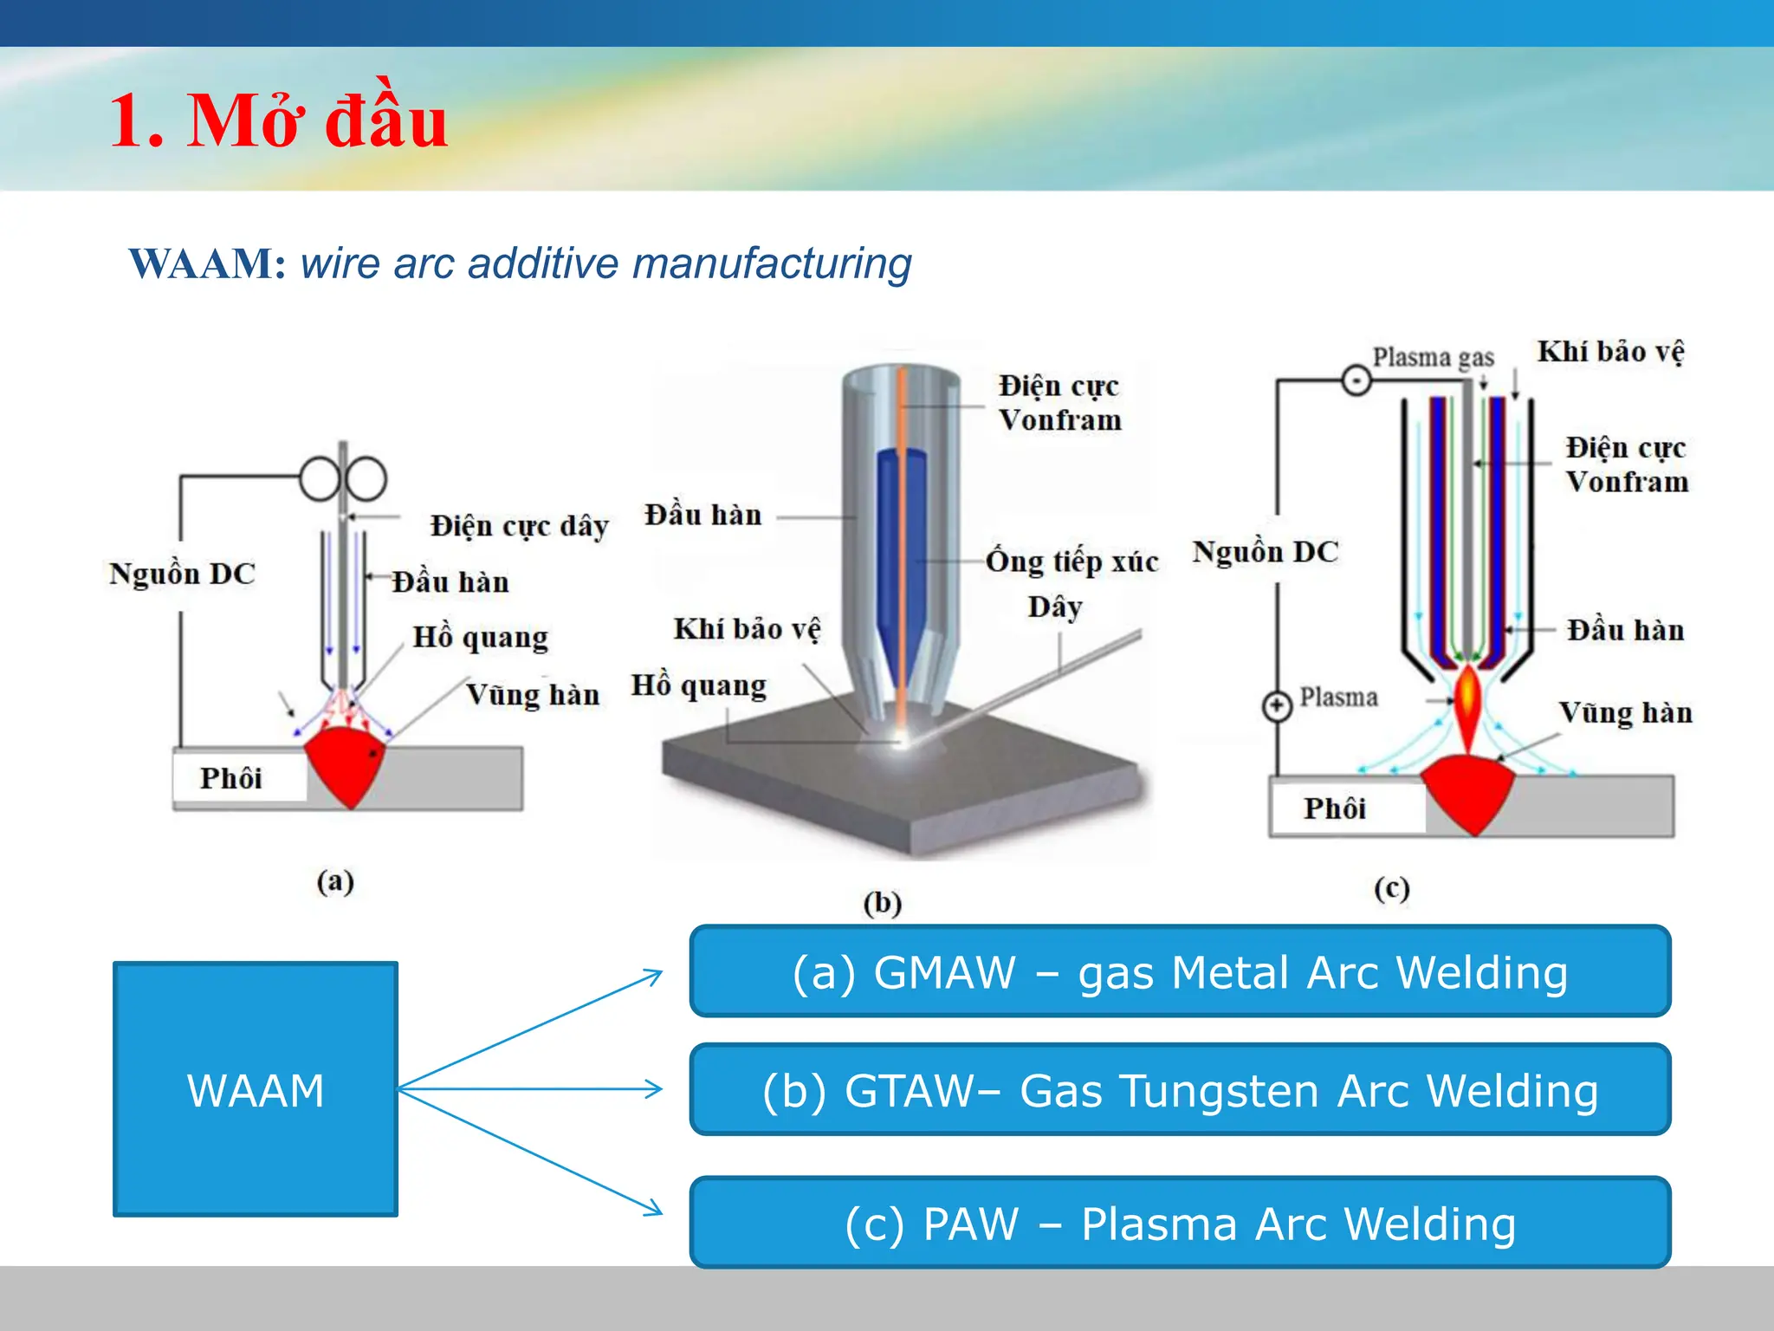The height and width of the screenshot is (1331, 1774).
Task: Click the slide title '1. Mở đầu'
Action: point(278,122)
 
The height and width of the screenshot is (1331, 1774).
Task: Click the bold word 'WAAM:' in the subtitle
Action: point(207,263)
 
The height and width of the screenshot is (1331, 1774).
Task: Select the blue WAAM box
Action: point(256,1089)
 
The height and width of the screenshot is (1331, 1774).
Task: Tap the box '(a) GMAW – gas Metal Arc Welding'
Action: point(1180,971)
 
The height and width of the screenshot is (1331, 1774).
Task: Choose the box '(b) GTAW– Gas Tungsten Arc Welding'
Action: point(1180,1090)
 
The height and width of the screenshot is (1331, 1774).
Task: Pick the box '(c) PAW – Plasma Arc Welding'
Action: point(1180,1224)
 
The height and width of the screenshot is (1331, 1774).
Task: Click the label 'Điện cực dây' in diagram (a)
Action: point(520,526)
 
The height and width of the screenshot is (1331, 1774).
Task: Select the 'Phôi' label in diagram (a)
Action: point(230,778)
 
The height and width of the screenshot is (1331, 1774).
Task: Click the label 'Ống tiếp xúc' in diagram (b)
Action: point(1072,562)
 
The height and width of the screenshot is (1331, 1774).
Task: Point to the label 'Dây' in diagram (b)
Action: point(1054,607)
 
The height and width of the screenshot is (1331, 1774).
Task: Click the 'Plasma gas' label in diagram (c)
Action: point(1433,357)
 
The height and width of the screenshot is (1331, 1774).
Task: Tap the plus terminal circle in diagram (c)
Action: point(1277,705)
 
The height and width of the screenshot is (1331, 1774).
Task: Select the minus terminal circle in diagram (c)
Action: point(1356,380)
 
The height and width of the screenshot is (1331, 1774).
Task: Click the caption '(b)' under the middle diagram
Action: point(882,903)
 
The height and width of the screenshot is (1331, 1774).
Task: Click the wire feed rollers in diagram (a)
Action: point(343,479)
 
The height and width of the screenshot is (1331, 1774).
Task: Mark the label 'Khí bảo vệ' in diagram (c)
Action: point(1610,352)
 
